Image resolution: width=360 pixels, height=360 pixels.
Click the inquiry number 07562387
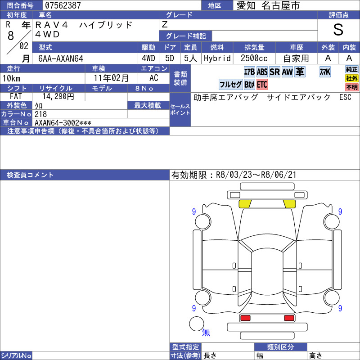coord(63,5)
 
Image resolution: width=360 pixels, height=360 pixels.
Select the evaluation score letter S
coord(338,30)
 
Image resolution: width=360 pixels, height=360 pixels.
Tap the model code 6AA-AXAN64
coord(61,58)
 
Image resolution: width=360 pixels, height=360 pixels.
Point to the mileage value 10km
coord(12,78)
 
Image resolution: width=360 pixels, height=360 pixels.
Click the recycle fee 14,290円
coord(58,96)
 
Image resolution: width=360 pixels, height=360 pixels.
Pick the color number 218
coord(40,114)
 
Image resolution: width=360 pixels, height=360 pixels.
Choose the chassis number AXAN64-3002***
coord(63,123)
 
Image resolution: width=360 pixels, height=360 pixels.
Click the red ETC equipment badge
coord(262,85)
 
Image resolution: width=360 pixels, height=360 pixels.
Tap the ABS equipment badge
coord(262,72)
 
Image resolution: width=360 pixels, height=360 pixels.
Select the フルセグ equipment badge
coord(230,85)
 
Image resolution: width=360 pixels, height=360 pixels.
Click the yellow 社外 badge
coord(352,78)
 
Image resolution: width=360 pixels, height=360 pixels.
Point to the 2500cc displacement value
coord(254,58)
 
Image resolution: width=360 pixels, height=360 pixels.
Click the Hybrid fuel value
coord(217,58)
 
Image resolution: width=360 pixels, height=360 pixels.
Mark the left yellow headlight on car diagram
coord(245,204)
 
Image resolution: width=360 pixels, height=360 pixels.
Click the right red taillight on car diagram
coord(289,318)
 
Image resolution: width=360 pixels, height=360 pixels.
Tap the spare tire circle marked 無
coord(197,324)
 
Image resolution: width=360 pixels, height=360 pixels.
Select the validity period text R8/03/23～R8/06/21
coord(256,175)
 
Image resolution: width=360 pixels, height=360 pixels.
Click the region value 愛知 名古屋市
coord(268,5)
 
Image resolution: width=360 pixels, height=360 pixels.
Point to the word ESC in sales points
coord(345,97)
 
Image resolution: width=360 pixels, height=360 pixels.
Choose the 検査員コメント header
coord(30,175)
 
